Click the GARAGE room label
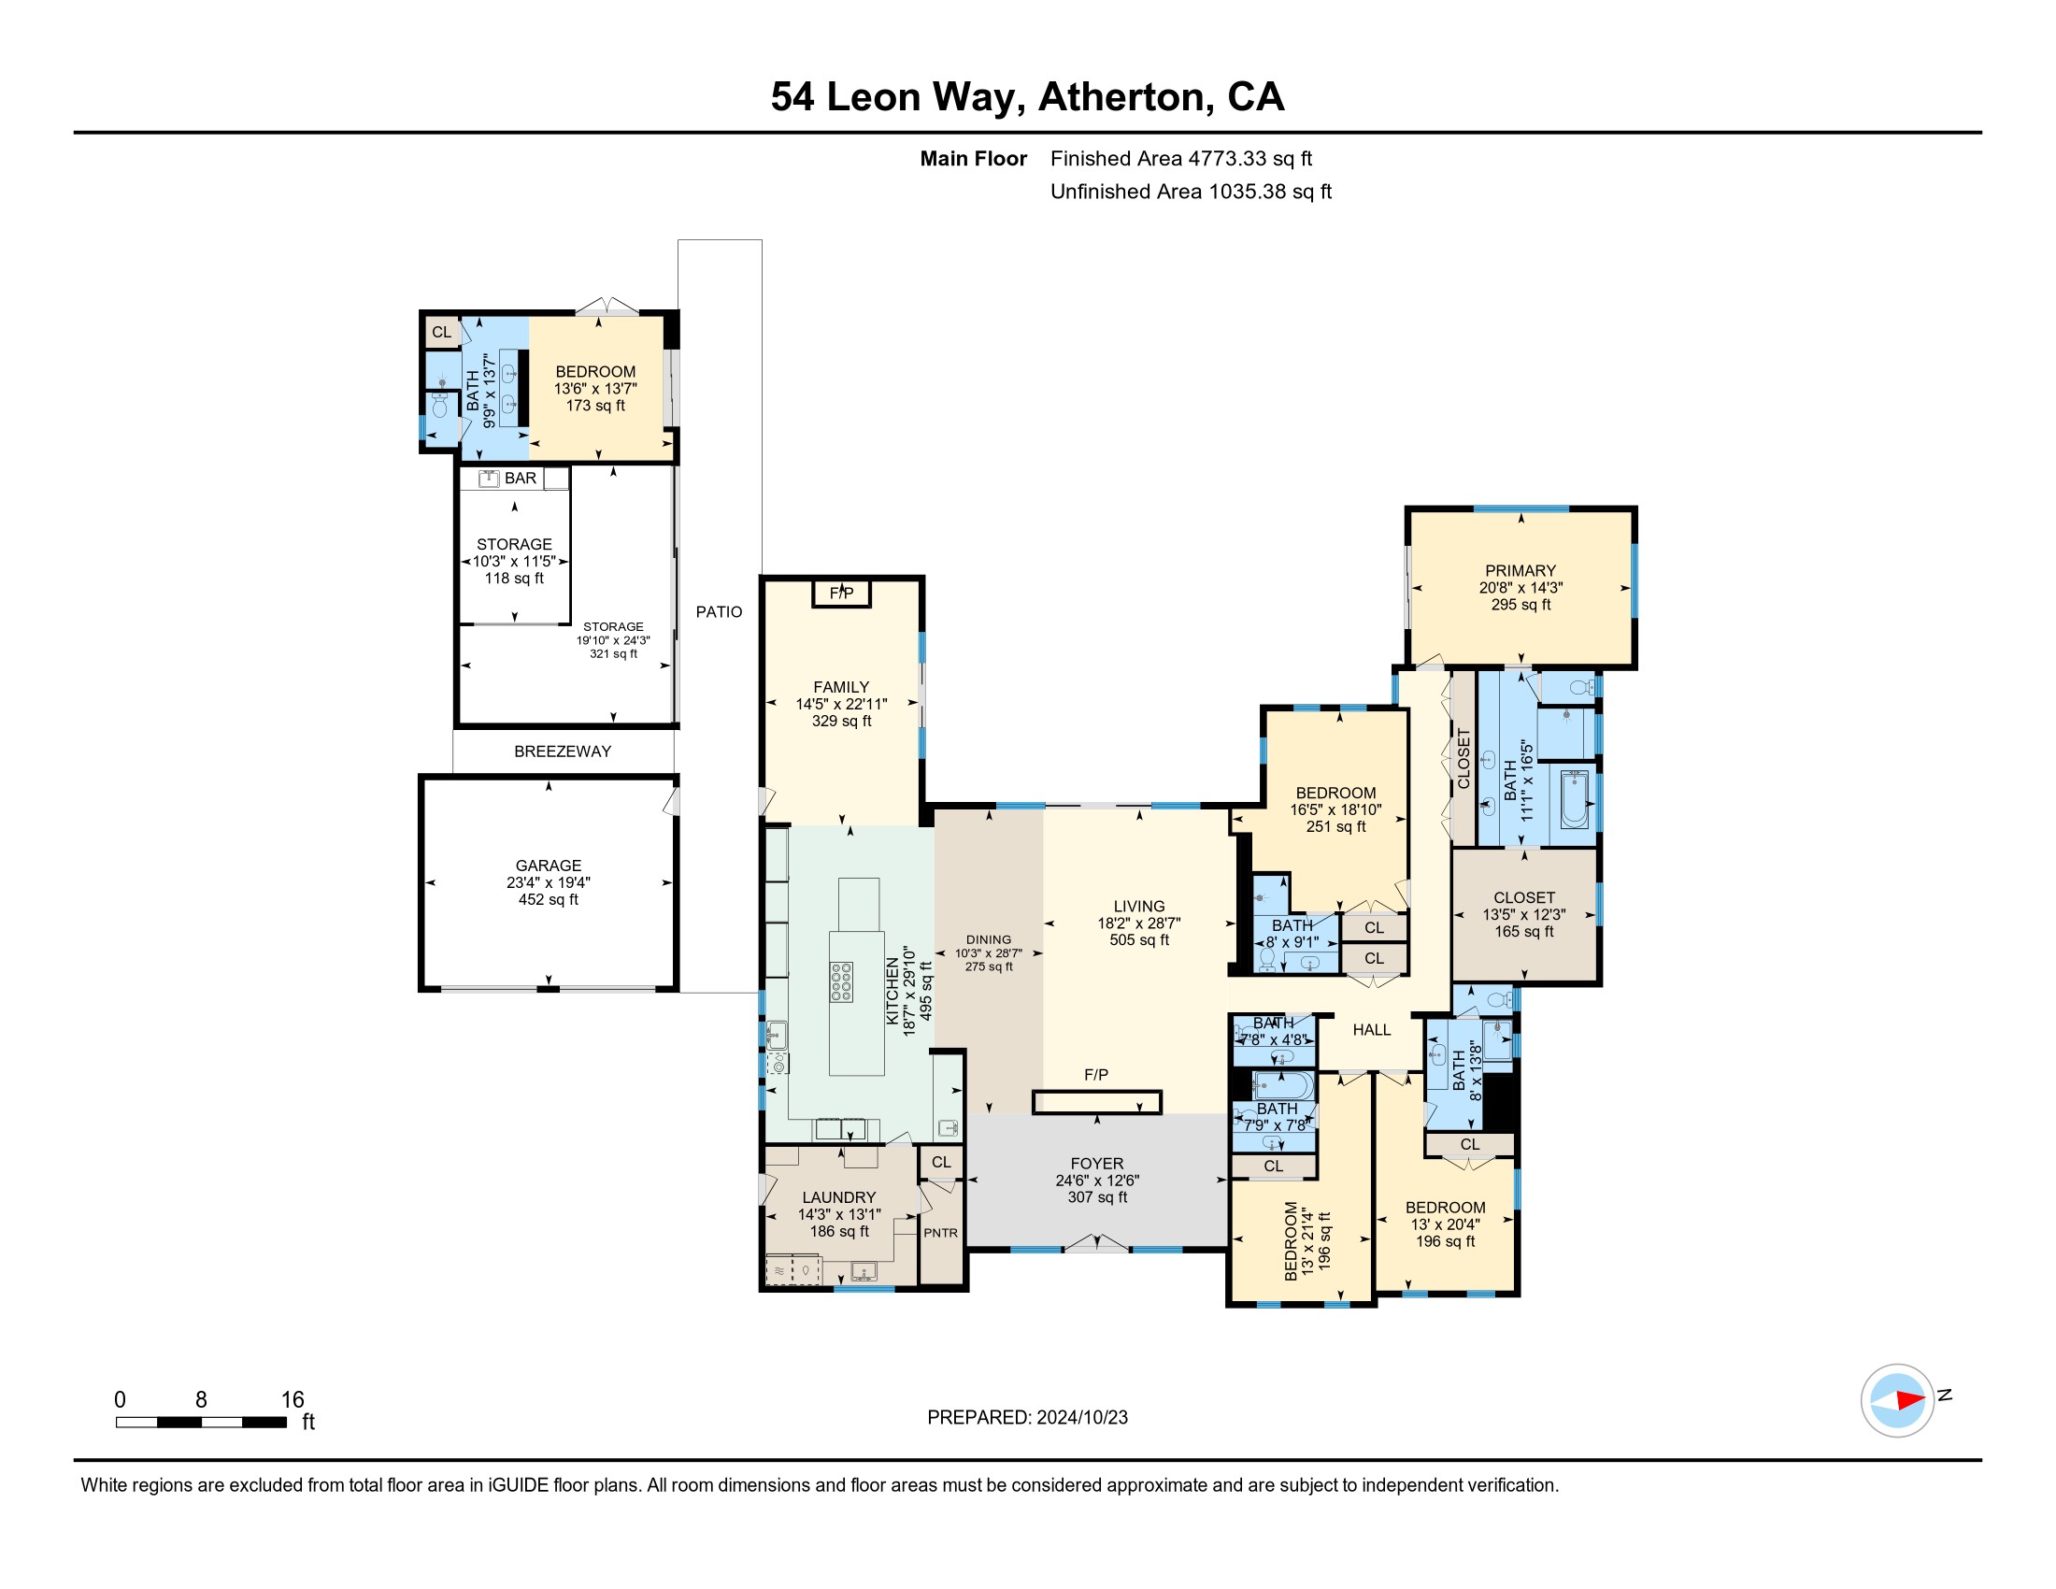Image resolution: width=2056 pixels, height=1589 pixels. (548, 866)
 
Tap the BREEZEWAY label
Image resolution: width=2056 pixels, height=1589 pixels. (562, 752)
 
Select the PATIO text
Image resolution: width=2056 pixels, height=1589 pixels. (720, 612)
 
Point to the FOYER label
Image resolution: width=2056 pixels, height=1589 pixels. (1097, 1164)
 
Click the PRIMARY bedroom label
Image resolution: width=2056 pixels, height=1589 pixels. (1521, 570)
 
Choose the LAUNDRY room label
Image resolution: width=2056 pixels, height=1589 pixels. (839, 1197)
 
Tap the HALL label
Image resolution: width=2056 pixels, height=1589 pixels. (1372, 1030)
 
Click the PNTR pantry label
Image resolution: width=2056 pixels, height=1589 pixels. (940, 1232)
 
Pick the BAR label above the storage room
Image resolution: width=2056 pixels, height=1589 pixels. (521, 479)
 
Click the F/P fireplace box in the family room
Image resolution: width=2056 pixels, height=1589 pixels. (842, 593)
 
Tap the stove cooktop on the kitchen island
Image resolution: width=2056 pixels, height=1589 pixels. (842, 981)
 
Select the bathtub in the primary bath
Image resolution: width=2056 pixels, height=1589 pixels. (1574, 799)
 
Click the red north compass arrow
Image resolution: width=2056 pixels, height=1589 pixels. (1909, 1400)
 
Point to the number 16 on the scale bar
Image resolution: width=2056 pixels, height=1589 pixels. (293, 1400)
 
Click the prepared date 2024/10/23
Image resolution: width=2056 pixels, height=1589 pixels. (1081, 1418)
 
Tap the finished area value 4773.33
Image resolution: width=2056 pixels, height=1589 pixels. (1228, 159)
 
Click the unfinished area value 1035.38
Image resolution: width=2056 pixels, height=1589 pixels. (1248, 192)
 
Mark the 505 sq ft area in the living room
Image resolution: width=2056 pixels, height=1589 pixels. (1139, 939)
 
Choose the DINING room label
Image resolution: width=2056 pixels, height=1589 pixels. (989, 939)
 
